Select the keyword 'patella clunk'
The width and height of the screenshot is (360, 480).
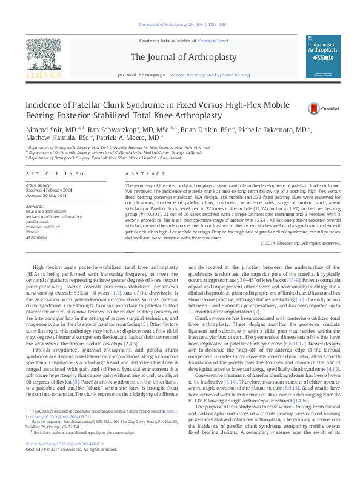[38, 222]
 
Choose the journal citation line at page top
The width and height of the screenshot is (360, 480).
[183, 25]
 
